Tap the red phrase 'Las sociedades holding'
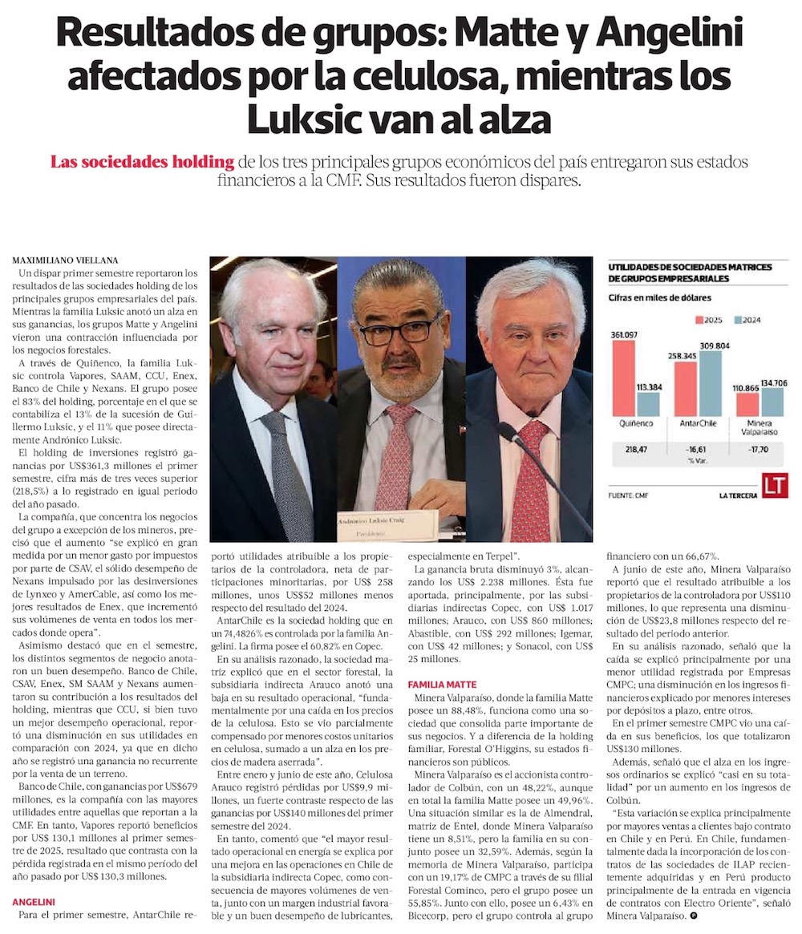[x=142, y=162]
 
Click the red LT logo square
[x=775, y=485]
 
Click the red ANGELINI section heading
[x=33, y=901]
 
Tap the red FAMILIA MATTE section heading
[x=441, y=685]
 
